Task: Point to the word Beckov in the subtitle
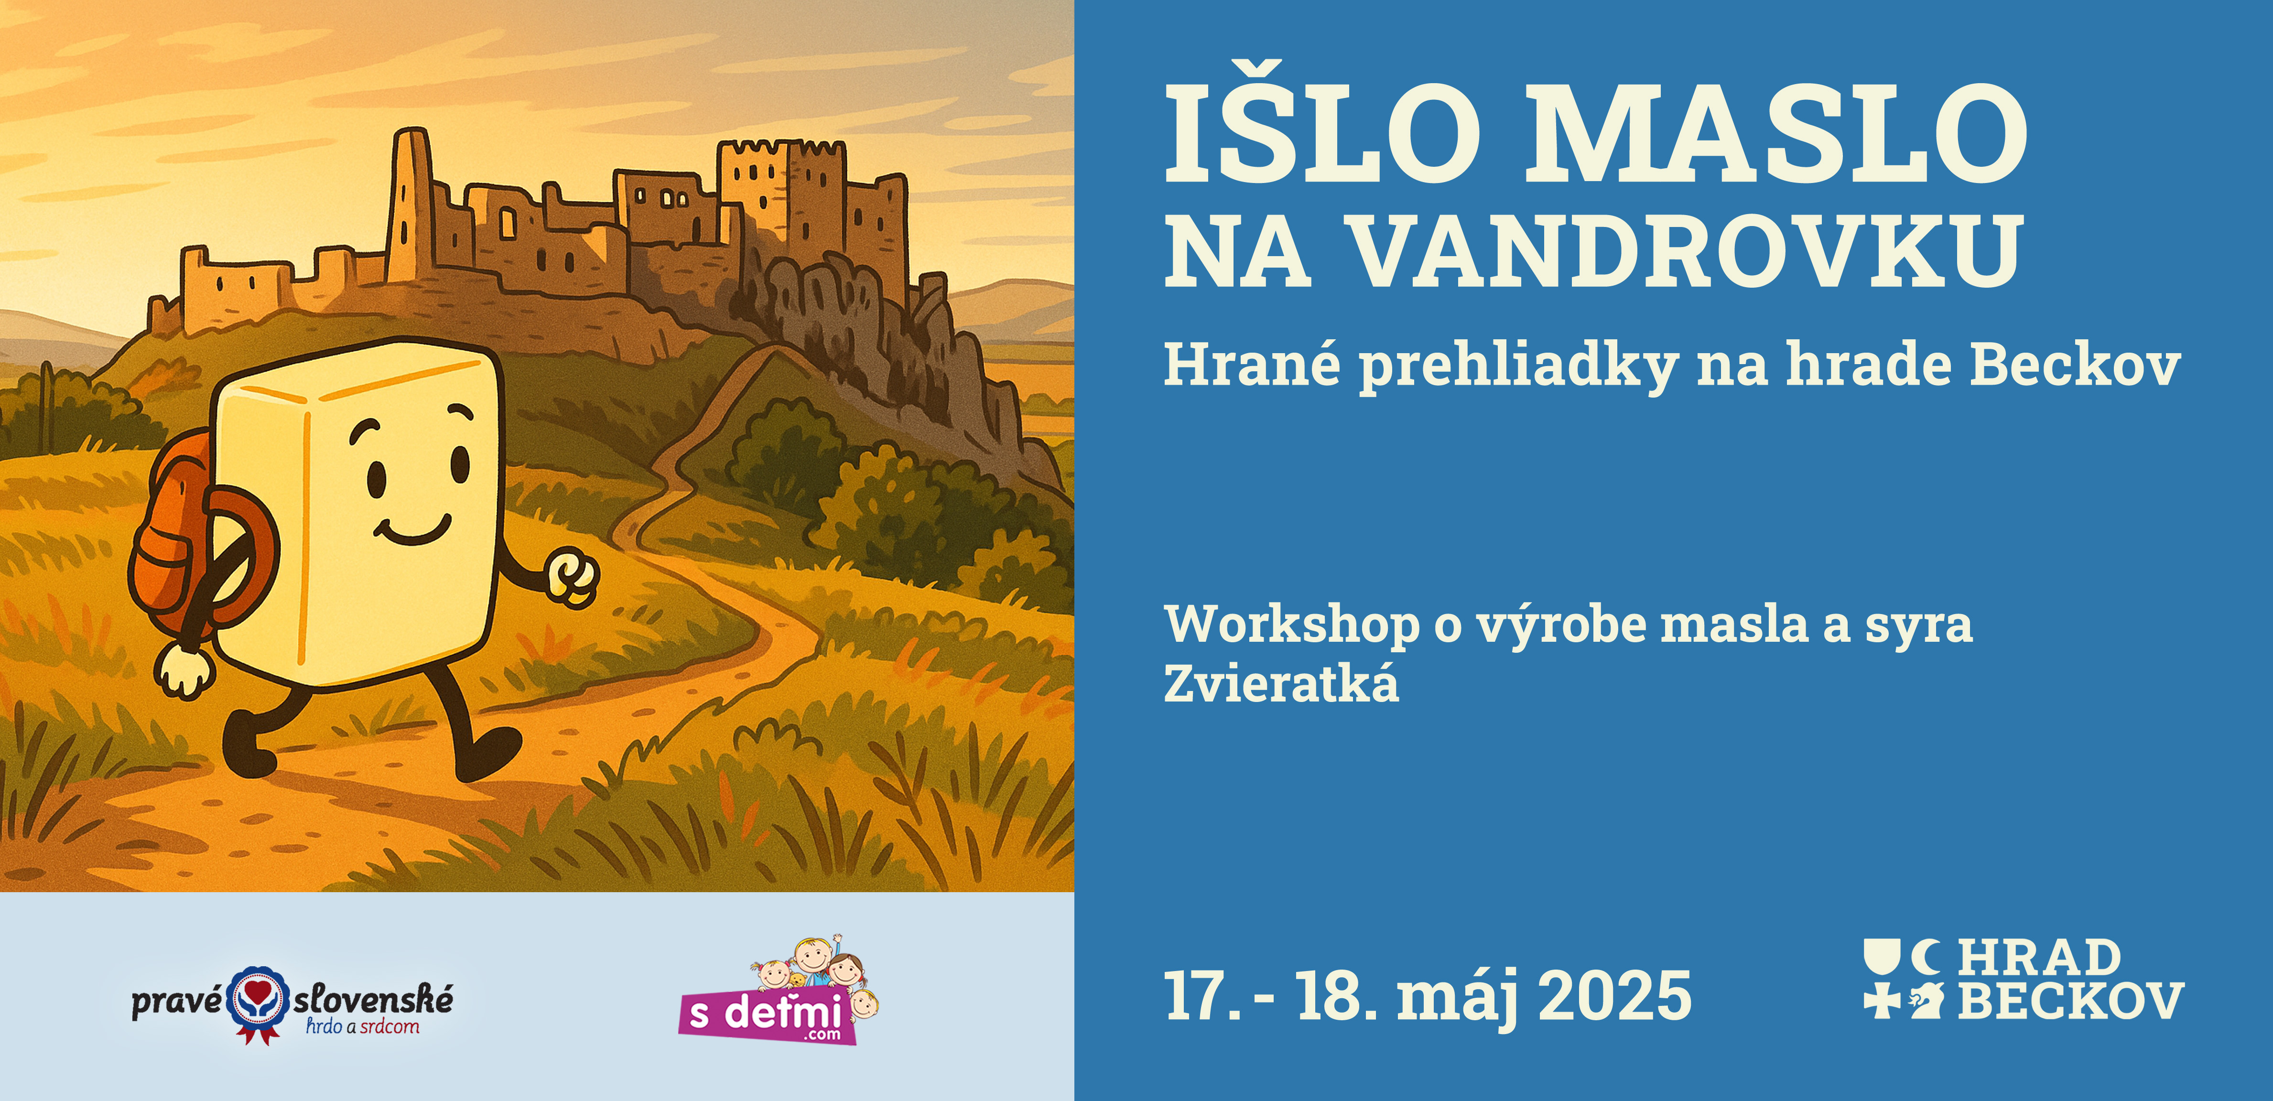2075,364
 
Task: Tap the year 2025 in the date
1615,995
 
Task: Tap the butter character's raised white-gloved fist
572,578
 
